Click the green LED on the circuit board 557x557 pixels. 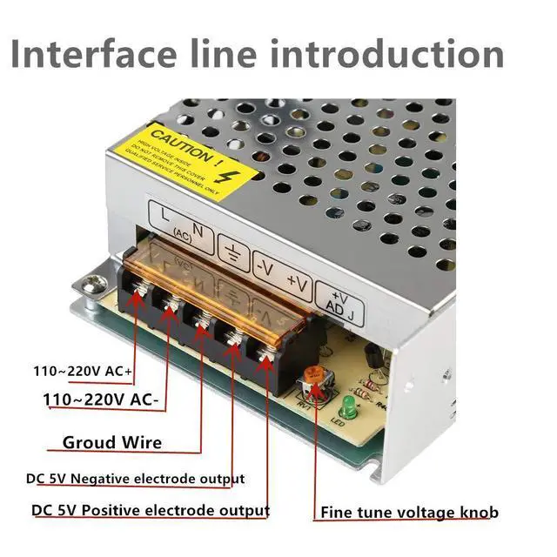coord(346,405)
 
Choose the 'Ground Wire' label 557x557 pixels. coord(111,442)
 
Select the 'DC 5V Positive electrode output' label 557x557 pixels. coord(150,510)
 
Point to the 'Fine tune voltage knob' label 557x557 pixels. coord(410,512)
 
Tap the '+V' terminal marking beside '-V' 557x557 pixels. coord(297,284)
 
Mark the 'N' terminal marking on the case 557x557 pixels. coord(198,230)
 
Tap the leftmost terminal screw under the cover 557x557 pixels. coord(136,296)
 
